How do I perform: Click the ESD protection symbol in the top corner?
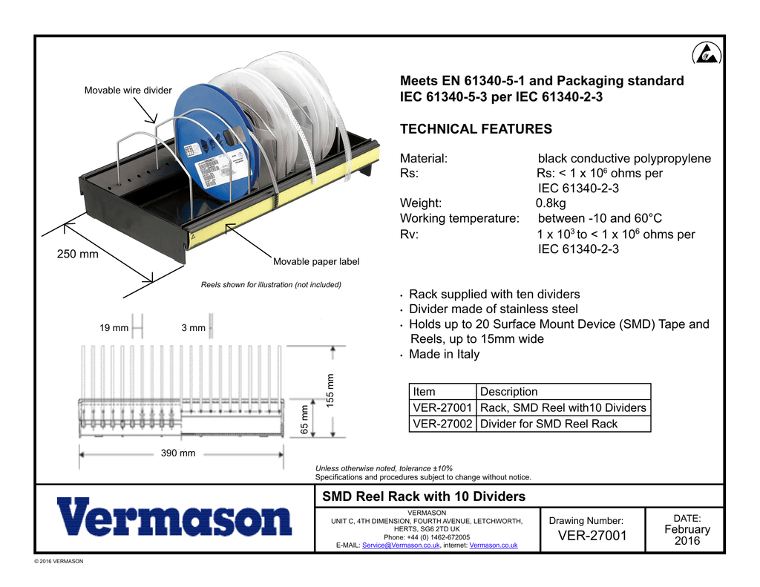pyautogui.click(x=707, y=54)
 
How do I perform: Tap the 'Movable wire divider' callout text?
pyautogui.click(x=128, y=90)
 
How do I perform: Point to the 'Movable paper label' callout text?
pyautogui.click(x=316, y=262)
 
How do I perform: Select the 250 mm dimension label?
pyautogui.click(x=77, y=254)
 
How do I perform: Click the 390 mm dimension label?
pyautogui.click(x=178, y=453)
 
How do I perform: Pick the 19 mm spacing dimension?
pyautogui.click(x=114, y=328)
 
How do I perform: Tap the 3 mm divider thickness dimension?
pyautogui.click(x=194, y=328)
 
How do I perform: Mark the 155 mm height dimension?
pyautogui.click(x=330, y=390)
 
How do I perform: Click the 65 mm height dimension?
pyautogui.click(x=304, y=420)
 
